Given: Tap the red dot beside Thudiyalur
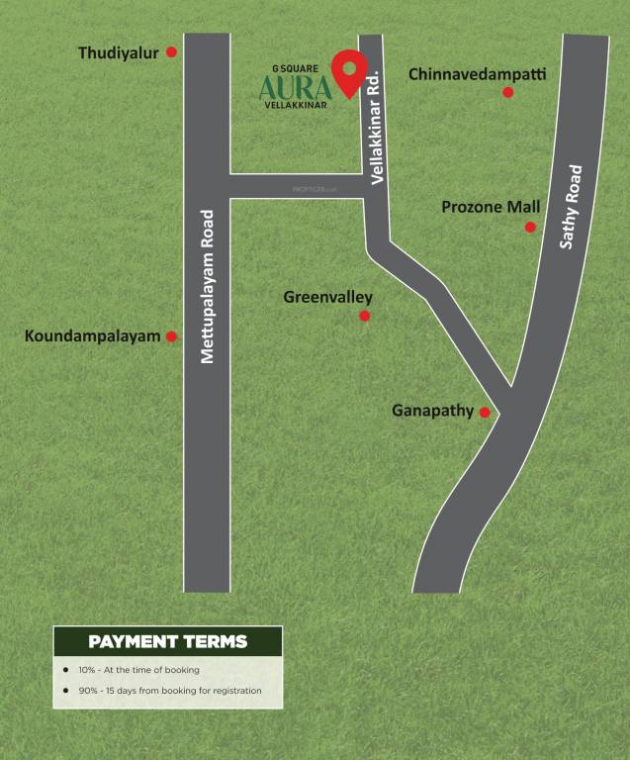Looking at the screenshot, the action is coord(171,51).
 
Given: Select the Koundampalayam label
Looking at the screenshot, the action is coord(92,336).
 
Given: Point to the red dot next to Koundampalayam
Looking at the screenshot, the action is coord(171,336).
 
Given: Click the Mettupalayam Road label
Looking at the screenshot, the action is coord(208,287).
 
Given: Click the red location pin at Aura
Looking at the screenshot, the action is coord(346,72).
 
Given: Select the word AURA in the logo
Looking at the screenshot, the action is coord(294,88).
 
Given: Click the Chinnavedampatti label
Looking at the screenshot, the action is coord(477,74).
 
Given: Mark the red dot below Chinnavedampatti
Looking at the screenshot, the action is coord(507,92).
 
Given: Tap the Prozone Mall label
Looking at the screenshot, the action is coord(491,207).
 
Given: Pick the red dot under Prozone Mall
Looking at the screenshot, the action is coord(530,227).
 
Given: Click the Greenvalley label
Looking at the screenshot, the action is coord(327,297).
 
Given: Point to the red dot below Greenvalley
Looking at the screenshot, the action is coord(364,316).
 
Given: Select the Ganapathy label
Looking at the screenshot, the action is coord(432,410).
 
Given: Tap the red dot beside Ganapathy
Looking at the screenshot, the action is coord(485,412).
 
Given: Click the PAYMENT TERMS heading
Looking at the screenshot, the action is coord(167,641).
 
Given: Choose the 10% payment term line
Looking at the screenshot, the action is coord(138,670).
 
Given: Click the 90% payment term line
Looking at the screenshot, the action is coord(169,690).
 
